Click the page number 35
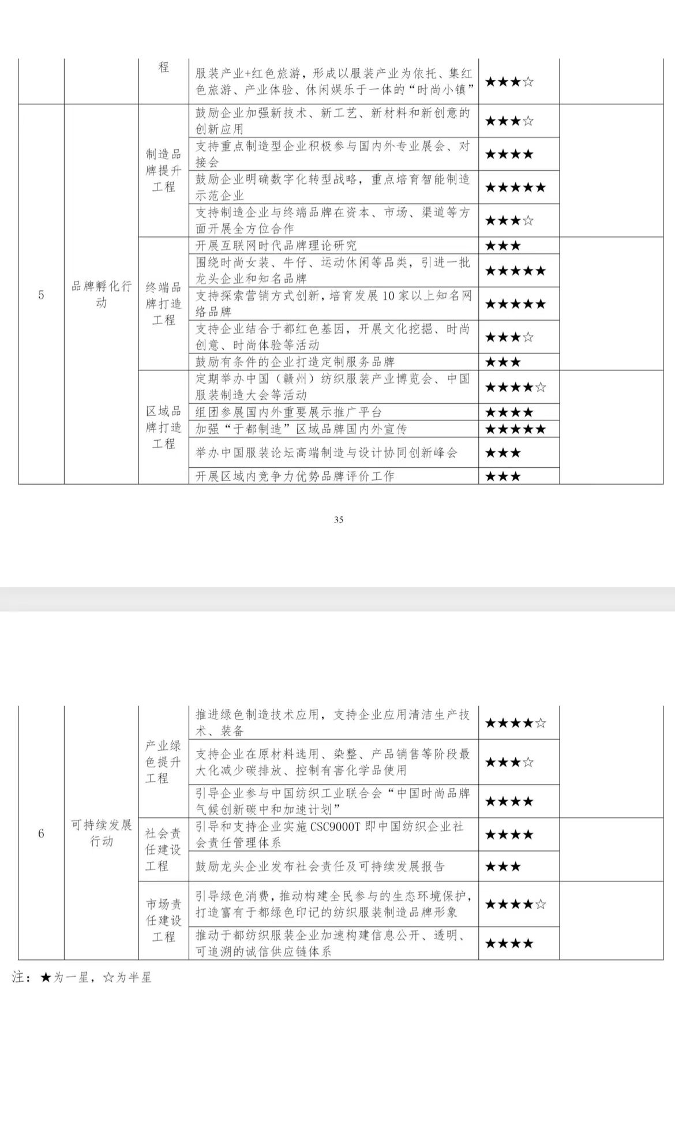(339, 519)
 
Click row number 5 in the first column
(41, 295)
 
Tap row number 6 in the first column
(41, 833)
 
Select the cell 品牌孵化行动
(102, 294)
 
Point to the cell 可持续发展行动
(102, 832)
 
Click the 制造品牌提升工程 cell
(163, 170)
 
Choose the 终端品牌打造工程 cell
(163, 303)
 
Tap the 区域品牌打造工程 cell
(163, 427)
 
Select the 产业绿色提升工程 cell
(163, 761)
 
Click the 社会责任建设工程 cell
(163, 849)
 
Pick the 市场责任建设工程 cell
(163, 920)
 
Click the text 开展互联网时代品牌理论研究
(276, 246)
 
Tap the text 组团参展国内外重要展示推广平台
(288, 412)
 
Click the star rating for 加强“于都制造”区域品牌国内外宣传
(515, 429)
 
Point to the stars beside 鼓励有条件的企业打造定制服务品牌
(503, 362)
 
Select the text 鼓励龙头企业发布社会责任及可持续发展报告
(320, 866)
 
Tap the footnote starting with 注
(81, 977)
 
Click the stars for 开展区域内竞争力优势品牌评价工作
(503, 477)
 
